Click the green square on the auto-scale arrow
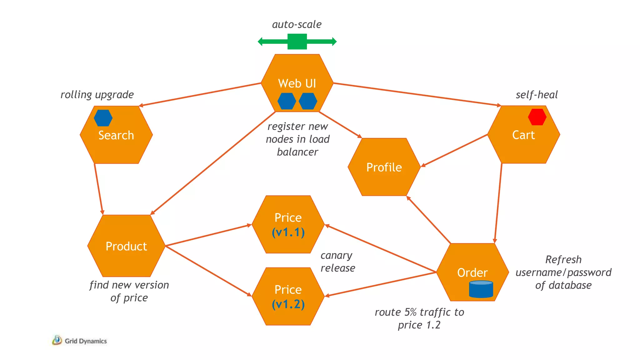297,42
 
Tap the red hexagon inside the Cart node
537,117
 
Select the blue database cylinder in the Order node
481,289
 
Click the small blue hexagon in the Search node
103,118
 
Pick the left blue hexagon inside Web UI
287,101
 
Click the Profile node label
384,167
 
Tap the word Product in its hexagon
126,246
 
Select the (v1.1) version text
288,232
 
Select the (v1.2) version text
288,304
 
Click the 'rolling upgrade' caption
97,95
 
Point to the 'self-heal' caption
536,95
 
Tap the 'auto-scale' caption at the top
297,24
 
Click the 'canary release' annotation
337,262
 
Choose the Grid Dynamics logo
80,341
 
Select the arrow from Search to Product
98,189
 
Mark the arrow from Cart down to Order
498,203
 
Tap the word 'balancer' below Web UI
297,152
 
